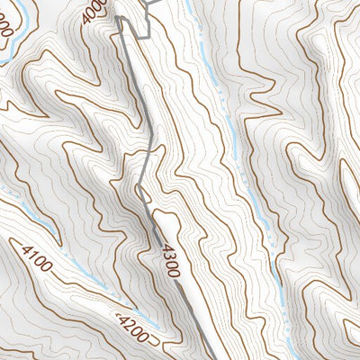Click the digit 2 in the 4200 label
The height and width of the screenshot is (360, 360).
pos(132,324)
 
